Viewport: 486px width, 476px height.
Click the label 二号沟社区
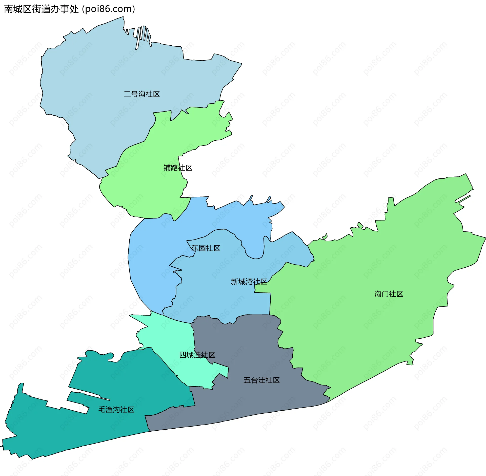pos(141,94)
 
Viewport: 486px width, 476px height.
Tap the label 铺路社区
pos(178,168)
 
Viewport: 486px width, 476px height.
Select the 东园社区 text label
pos(206,248)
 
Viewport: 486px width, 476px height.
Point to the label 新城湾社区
pos(249,282)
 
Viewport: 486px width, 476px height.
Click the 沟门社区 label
pos(389,294)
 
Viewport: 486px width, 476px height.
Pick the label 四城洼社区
pos(197,355)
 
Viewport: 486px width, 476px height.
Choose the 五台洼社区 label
pos(261,380)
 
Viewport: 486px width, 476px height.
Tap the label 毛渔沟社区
pos(116,410)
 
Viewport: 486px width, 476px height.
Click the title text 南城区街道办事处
pos(42,9)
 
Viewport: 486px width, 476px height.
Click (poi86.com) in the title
pos(109,9)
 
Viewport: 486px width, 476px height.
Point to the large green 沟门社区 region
pos(380,253)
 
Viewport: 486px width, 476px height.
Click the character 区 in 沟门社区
pos(400,294)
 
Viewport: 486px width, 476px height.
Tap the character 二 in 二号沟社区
pos(127,94)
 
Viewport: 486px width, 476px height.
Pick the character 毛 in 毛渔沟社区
pos(102,410)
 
